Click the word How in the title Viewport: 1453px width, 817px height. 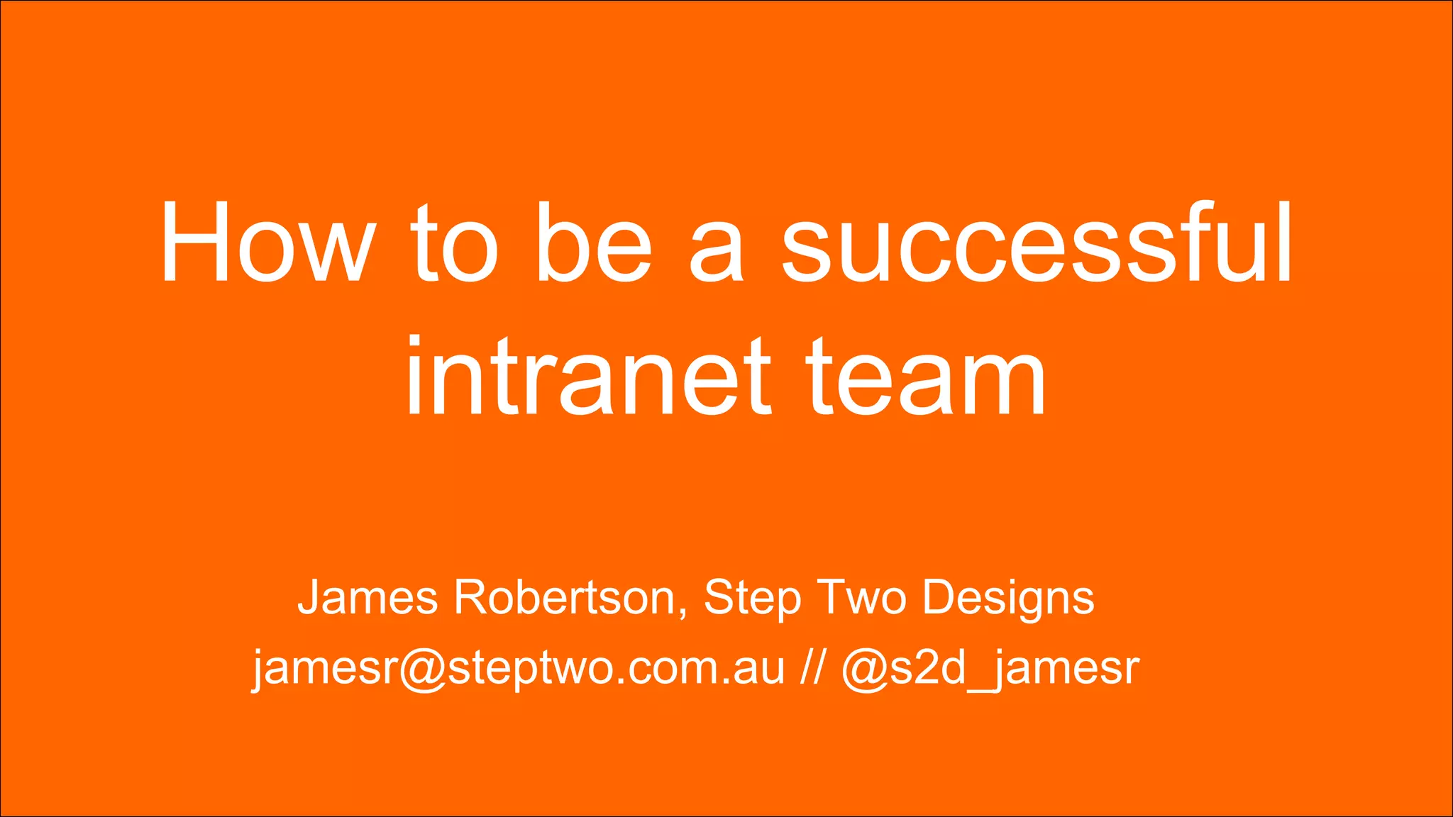pos(267,243)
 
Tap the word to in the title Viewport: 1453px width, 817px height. pos(454,243)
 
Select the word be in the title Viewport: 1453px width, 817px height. pos(593,243)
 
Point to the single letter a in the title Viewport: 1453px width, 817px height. pos(717,252)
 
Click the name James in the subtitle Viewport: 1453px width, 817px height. pos(368,597)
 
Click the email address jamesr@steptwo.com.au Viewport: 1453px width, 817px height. pos(519,668)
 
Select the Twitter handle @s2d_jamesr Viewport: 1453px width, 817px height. pos(990,668)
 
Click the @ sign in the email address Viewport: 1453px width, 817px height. pos(424,669)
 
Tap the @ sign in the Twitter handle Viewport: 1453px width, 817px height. pos(865,669)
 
